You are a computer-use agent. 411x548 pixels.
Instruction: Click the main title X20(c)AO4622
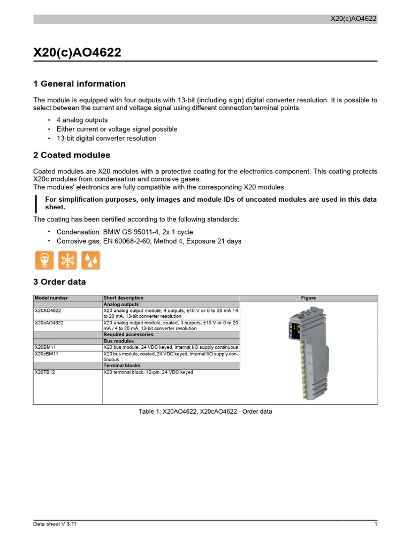(77, 52)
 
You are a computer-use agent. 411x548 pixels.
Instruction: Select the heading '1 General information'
(79, 83)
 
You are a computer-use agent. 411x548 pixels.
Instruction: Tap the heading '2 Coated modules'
(71, 155)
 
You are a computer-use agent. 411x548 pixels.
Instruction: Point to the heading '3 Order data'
(59, 281)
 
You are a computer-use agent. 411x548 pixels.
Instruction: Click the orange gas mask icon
(44, 260)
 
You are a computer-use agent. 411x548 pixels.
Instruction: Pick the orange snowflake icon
(67, 260)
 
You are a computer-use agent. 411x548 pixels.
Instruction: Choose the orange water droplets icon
(90, 260)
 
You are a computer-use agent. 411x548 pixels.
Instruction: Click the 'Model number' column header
(51, 298)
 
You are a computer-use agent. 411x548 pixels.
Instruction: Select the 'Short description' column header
(124, 298)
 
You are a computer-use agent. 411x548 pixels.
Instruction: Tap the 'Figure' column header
(308, 298)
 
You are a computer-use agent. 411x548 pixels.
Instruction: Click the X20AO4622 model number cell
(48, 310)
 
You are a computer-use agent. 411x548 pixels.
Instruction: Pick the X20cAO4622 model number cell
(49, 323)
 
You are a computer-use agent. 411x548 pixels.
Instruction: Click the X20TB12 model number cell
(45, 372)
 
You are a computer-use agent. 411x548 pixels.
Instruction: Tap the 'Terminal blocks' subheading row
(122, 366)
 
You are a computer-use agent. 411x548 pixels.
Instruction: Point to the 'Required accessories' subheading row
(128, 334)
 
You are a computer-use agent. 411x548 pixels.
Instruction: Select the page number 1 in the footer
(376, 524)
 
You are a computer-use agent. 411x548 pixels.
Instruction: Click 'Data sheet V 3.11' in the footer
(55, 524)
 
